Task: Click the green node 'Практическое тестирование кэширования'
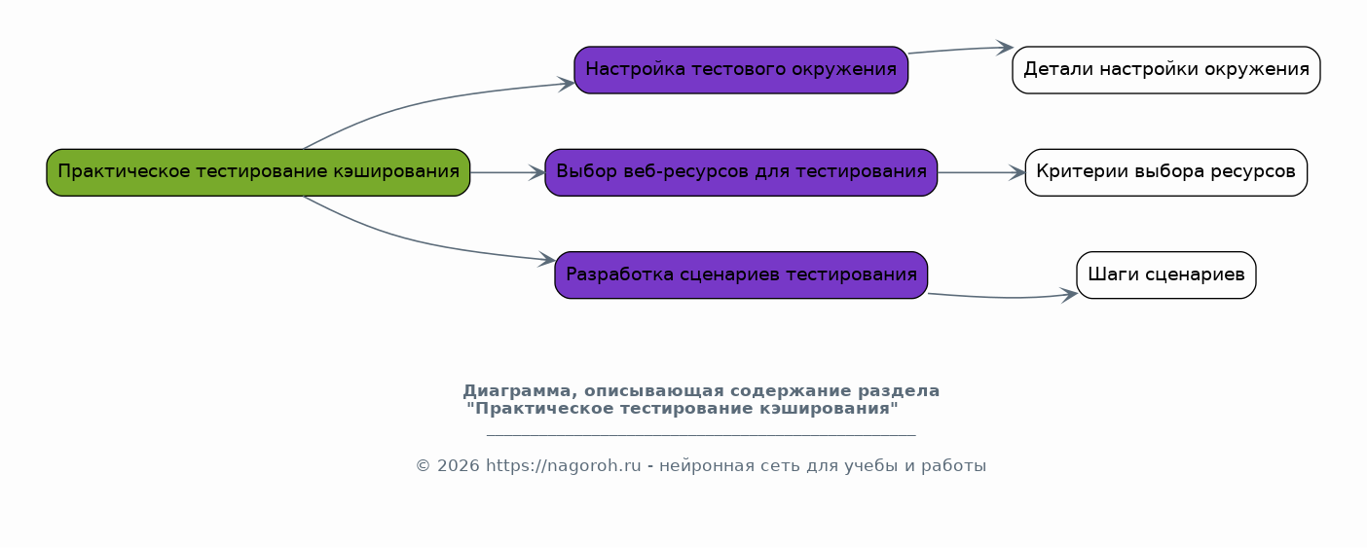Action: [258, 172]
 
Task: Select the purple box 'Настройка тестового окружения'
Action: [741, 69]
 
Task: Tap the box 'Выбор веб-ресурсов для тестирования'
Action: [741, 172]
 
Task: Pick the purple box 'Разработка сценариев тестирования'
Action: [741, 274]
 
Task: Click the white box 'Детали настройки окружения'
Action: [1166, 69]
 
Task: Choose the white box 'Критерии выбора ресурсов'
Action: [1166, 172]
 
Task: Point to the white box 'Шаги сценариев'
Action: [1166, 274]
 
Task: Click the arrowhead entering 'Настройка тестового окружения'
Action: [567, 84]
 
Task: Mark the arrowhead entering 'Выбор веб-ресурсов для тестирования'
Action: [537, 172]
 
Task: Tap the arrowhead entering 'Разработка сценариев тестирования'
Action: [547, 259]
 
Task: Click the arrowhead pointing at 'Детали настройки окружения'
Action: [1005, 48]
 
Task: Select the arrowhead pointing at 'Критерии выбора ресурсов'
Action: [1017, 172]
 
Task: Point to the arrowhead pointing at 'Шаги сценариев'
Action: [1069, 295]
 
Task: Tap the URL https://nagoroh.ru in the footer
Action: [564, 465]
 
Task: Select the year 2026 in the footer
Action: [459, 465]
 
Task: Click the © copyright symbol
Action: [423, 465]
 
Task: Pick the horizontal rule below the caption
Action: [701, 435]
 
